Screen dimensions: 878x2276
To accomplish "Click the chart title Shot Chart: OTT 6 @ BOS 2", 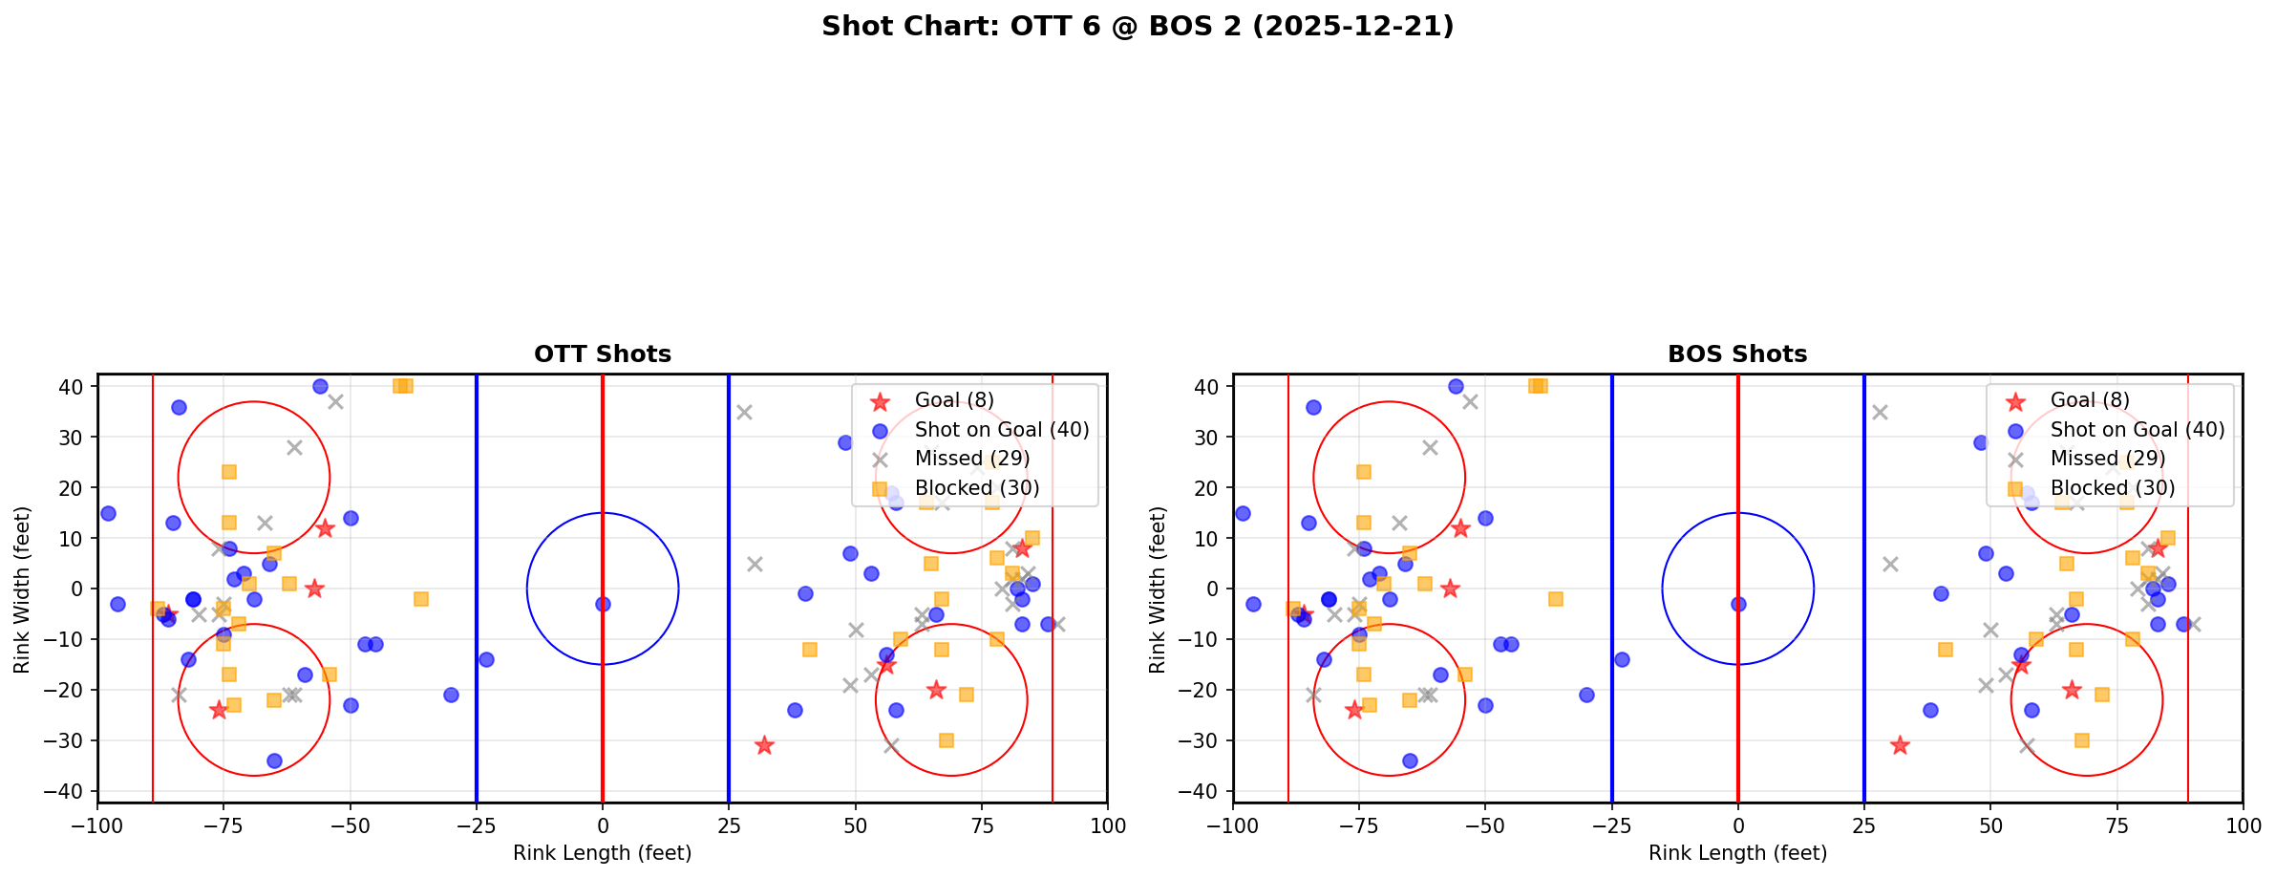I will coord(1137,26).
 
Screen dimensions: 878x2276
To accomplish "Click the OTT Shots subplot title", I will coord(602,354).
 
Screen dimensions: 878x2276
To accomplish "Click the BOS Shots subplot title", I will coord(1736,354).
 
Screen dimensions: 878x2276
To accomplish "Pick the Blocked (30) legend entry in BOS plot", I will coord(2112,488).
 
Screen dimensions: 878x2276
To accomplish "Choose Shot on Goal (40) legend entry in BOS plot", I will coord(2137,430).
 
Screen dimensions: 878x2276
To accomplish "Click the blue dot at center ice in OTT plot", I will coord(603,604).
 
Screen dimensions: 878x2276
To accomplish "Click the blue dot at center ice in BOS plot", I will coord(1738,604).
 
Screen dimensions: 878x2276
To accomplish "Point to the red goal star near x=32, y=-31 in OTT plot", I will coord(764,745).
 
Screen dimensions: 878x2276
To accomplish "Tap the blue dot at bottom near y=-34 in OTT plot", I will coord(274,760).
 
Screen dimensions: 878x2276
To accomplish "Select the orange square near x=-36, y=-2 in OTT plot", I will coord(421,599).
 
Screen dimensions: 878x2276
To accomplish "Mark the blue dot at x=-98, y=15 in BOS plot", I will coord(1243,513).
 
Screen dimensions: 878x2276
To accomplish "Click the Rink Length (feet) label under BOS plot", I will coord(1737,853).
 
